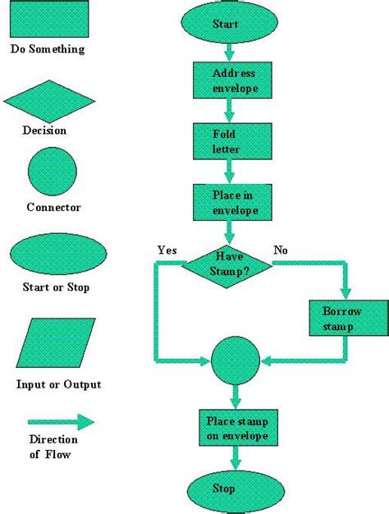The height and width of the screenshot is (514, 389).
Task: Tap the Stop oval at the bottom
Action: pos(225,489)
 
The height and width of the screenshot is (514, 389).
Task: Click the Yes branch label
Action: pos(168,249)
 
